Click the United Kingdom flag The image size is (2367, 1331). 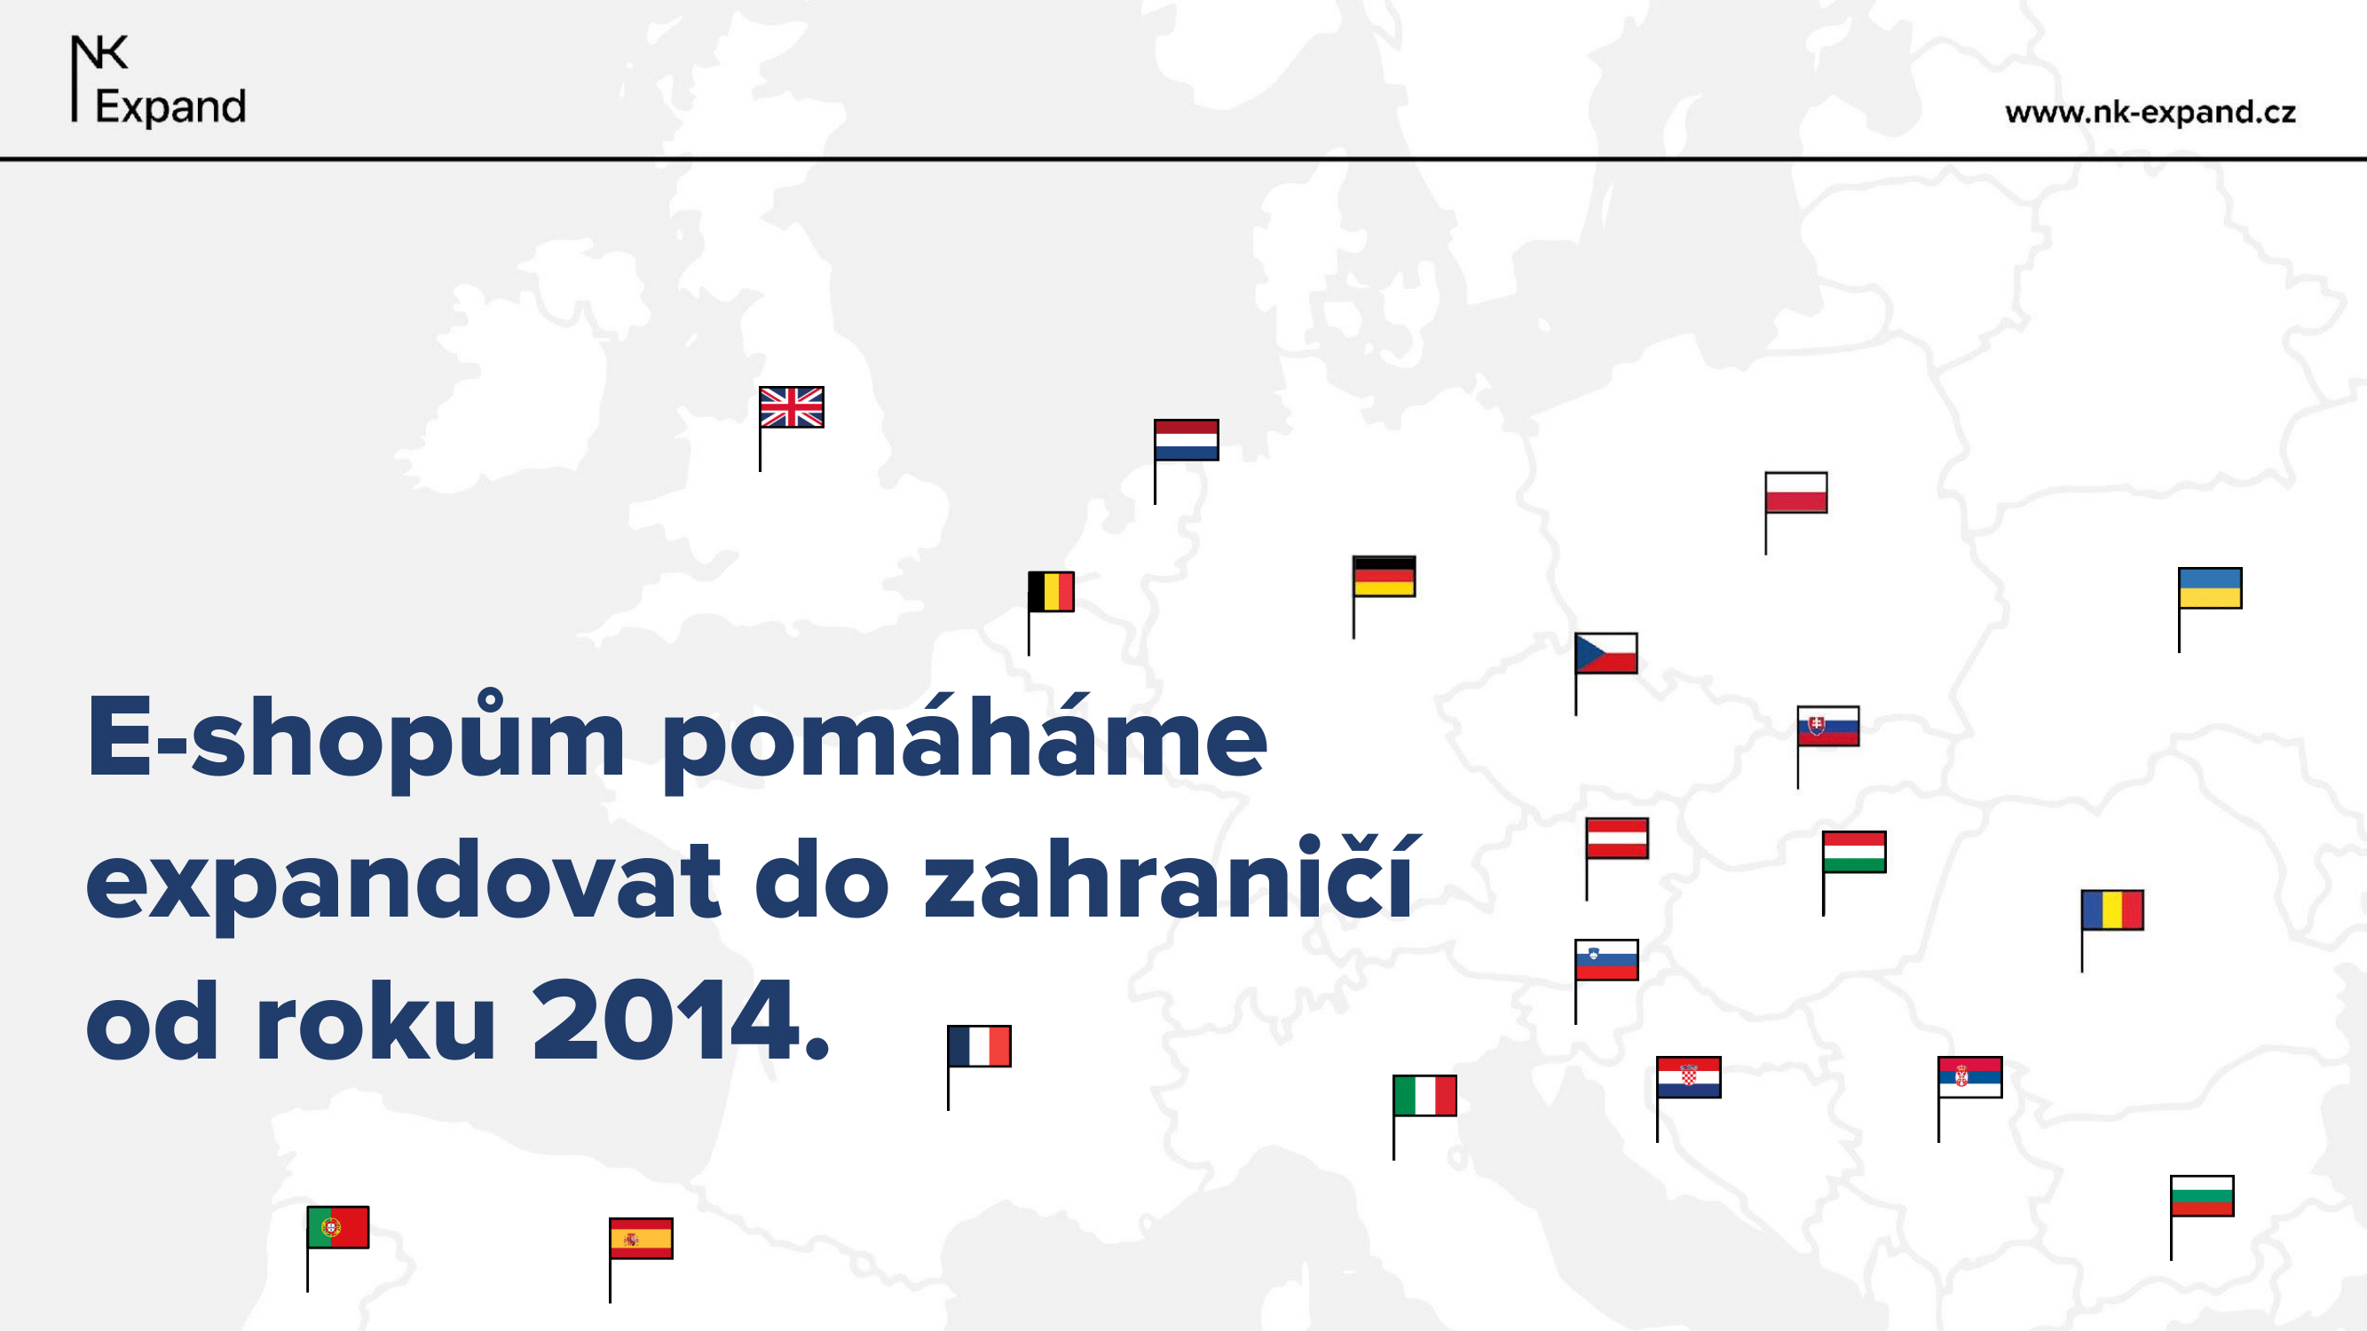point(791,407)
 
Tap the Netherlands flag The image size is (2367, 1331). point(1187,440)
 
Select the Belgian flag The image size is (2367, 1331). point(1051,592)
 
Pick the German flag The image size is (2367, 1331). point(1384,576)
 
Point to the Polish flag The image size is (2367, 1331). point(1796,492)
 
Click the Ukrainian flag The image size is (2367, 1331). point(2210,588)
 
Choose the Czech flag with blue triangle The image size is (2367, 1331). point(1606,653)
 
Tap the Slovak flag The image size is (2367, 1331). point(1828,726)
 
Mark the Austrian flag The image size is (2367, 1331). point(1617,838)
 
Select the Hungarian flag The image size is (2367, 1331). point(1854,852)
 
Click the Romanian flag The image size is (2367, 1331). point(2112,910)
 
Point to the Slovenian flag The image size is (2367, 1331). point(1606,960)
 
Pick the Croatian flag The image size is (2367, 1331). point(1689,1077)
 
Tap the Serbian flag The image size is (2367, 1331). point(1970,1077)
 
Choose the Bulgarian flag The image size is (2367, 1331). point(2202,1196)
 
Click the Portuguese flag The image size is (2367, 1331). point(338,1227)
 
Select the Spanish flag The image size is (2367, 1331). point(641,1238)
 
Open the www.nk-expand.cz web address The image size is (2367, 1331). point(2150,112)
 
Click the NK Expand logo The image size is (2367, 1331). point(158,80)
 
